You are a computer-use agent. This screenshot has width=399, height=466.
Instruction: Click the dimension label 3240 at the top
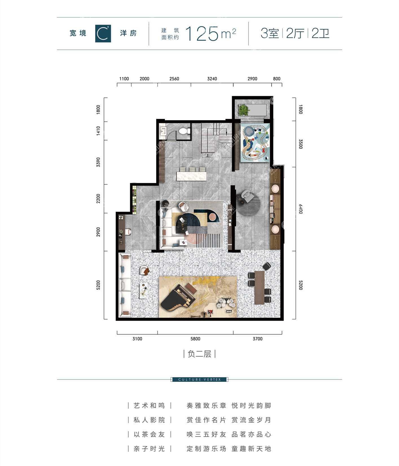[212, 79]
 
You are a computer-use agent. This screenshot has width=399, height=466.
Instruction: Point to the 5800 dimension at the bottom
[195, 339]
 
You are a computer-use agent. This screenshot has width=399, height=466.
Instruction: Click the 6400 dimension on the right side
[300, 209]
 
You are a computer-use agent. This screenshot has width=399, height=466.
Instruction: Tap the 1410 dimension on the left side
[98, 131]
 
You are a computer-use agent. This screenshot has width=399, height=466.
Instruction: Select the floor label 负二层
[199, 354]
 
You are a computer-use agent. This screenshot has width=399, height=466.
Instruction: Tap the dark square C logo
[103, 34]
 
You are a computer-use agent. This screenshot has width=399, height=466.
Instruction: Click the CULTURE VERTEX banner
[199, 380]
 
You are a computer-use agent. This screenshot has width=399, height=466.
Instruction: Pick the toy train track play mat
[255, 143]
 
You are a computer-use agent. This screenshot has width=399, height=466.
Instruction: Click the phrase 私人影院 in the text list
[149, 420]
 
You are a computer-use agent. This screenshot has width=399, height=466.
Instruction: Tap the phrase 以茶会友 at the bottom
[149, 434]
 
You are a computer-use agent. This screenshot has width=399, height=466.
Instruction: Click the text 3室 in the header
[270, 34]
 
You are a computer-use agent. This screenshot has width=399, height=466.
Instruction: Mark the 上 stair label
[208, 155]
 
